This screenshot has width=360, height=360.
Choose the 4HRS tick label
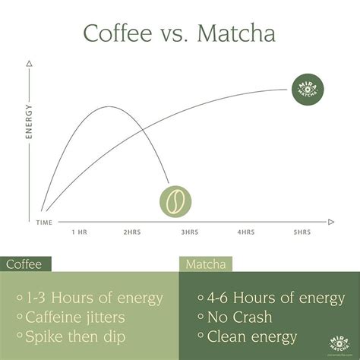coord(245,232)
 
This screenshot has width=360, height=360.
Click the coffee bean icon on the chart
coord(175,201)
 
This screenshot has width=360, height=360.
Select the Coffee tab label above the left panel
coord(24,264)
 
